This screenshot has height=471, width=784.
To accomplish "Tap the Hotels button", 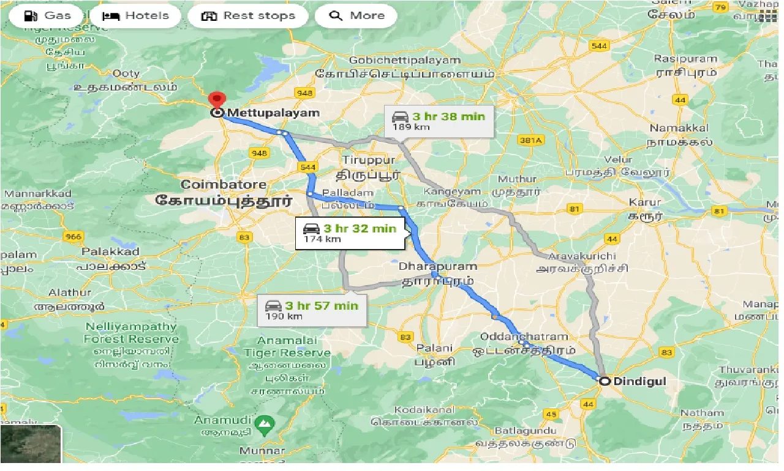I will click(135, 16).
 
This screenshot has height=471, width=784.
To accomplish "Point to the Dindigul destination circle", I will click(605, 381).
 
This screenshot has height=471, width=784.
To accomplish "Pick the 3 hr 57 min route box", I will click(312, 310).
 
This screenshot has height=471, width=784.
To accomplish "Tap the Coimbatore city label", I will click(224, 185).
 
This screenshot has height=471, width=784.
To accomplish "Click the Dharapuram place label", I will click(437, 267).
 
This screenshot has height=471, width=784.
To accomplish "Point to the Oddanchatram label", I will click(524, 337).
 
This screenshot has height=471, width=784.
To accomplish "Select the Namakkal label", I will click(679, 128).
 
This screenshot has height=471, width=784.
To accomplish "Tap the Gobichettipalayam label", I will click(404, 60).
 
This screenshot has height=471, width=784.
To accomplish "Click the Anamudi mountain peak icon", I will click(264, 423).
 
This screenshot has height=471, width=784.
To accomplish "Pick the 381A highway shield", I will click(530, 140).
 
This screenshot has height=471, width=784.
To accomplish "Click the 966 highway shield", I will click(73, 235).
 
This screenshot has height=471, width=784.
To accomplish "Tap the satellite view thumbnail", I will click(31, 444).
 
